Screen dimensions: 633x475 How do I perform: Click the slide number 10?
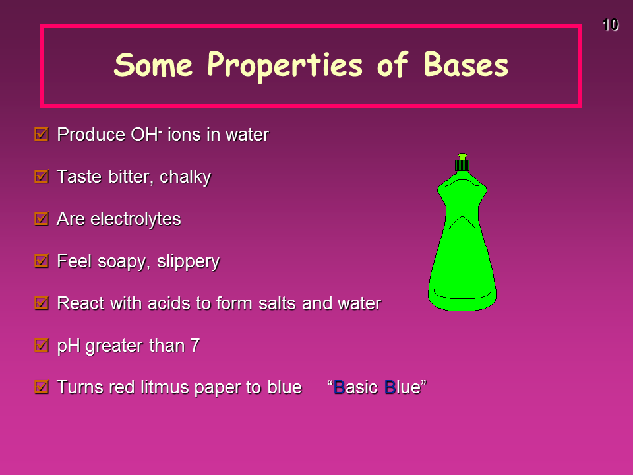610,25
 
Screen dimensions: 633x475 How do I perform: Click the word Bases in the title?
466,65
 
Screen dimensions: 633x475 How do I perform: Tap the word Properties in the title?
285,66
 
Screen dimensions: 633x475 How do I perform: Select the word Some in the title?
153,65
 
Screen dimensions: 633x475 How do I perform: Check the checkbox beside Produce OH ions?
42,134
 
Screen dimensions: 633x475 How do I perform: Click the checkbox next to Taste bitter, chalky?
42,177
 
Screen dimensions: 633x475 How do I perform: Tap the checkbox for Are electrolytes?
42,218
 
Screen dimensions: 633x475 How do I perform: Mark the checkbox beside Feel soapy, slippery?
42,261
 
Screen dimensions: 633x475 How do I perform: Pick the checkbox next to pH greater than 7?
42,345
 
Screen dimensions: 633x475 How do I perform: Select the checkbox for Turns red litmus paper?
42,387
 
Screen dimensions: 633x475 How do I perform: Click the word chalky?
185,177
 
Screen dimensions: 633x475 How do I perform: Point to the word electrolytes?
136,219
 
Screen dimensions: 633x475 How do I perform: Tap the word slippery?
188,262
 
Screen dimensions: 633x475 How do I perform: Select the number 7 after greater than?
195,345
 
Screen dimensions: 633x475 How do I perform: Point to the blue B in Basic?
339,387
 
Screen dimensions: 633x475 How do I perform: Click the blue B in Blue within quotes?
390,387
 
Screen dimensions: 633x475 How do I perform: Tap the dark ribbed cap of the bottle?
462,165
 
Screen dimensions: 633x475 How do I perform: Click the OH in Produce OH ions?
144,135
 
